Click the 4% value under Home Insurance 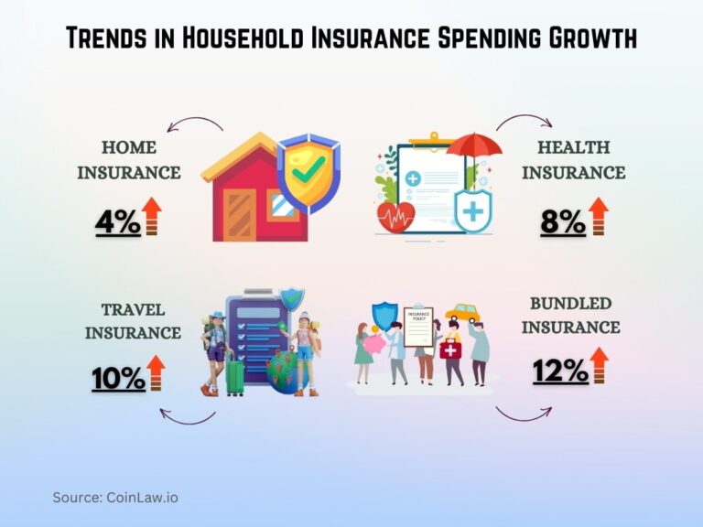pyautogui.click(x=118, y=222)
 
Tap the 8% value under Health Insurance pyautogui.click(x=561, y=222)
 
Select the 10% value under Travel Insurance pyautogui.click(x=118, y=378)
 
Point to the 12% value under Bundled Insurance pyautogui.click(x=560, y=370)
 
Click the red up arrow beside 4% pyautogui.click(x=152, y=217)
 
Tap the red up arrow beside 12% pyautogui.click(x=599, y=364)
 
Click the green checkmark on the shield pyautogui.click(x=308, y=167)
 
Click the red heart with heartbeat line pyautogui.click(x=396, y=216)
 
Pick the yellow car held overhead pyautogui.click(x=463, y=314)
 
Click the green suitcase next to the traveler pyautogui.click(x=234, y=376)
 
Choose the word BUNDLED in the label pyautogui.click(x=574, y=303)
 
